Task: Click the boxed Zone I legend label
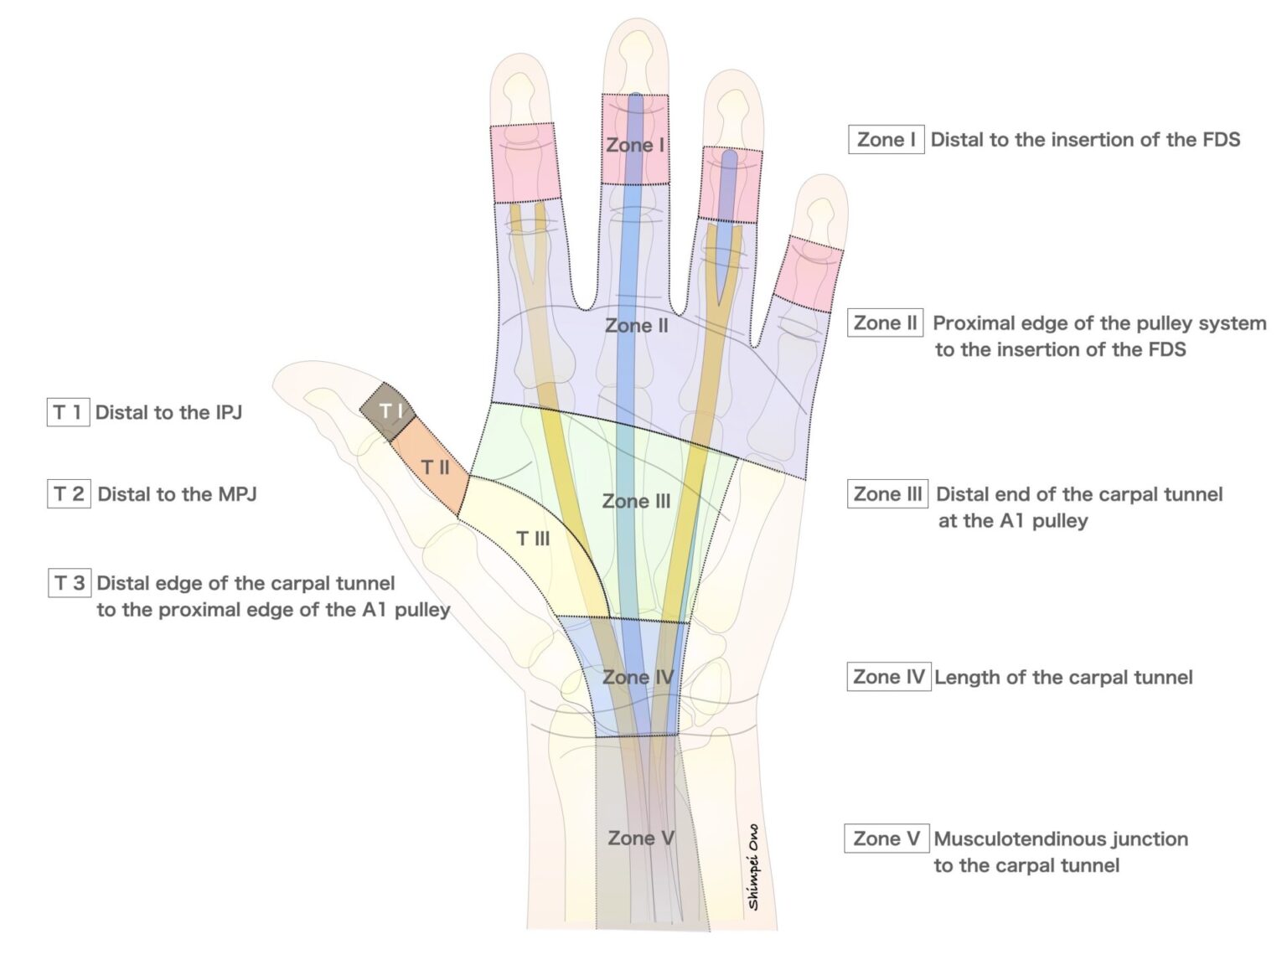coord(886,140)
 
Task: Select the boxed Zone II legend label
coord(886,323)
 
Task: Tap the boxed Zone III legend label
coord(887,494)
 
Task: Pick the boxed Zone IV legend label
coord(888,677)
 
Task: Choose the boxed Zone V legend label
coord(886,839)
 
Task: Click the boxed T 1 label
coord(68,412)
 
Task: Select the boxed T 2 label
coord(69,494)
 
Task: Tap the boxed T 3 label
coord(70,583)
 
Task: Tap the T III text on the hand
coord(533,539)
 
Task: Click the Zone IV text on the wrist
coord(638,677)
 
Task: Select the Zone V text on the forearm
coord(641,839)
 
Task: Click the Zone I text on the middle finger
coord(634,145)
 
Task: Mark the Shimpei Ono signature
coord(753,868)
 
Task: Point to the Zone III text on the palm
coord(636,502)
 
